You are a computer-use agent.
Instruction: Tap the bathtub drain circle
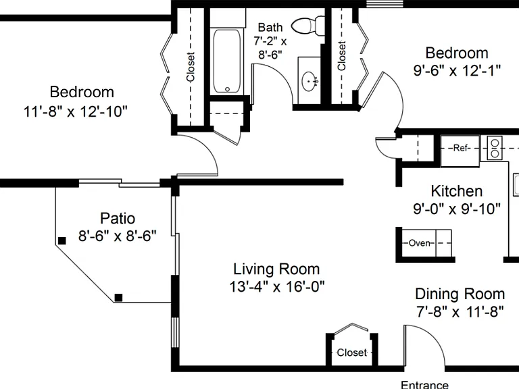tap(227, 89)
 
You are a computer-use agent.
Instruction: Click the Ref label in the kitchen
tap(460, 148)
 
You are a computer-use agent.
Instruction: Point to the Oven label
tap(420, 243)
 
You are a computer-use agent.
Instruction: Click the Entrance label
tap(424, 385)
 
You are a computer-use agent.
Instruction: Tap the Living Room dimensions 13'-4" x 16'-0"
tap(277, 286)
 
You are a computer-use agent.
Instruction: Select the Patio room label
tap(118, 218)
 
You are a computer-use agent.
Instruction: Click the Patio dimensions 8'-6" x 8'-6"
tap(117, 236)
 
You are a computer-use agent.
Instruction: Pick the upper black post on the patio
tap(62, 241)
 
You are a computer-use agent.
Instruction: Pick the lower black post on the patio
tap(118, 297)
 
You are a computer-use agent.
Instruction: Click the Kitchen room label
tap(457, 191)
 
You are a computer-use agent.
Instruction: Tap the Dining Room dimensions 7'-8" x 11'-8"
tap(460, 311)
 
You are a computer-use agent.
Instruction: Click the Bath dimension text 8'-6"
tap(270, 55)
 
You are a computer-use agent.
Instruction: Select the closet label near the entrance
tap(352, 353)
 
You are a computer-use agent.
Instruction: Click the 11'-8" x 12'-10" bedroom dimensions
tap(76, 111)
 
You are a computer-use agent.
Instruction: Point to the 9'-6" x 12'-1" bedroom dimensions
tap(457, 70)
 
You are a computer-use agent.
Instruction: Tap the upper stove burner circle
tap(495, 143)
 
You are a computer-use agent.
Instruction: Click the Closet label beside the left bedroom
tap(191, 66)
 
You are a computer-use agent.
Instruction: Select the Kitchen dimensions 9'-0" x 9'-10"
tap(457, 209)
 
